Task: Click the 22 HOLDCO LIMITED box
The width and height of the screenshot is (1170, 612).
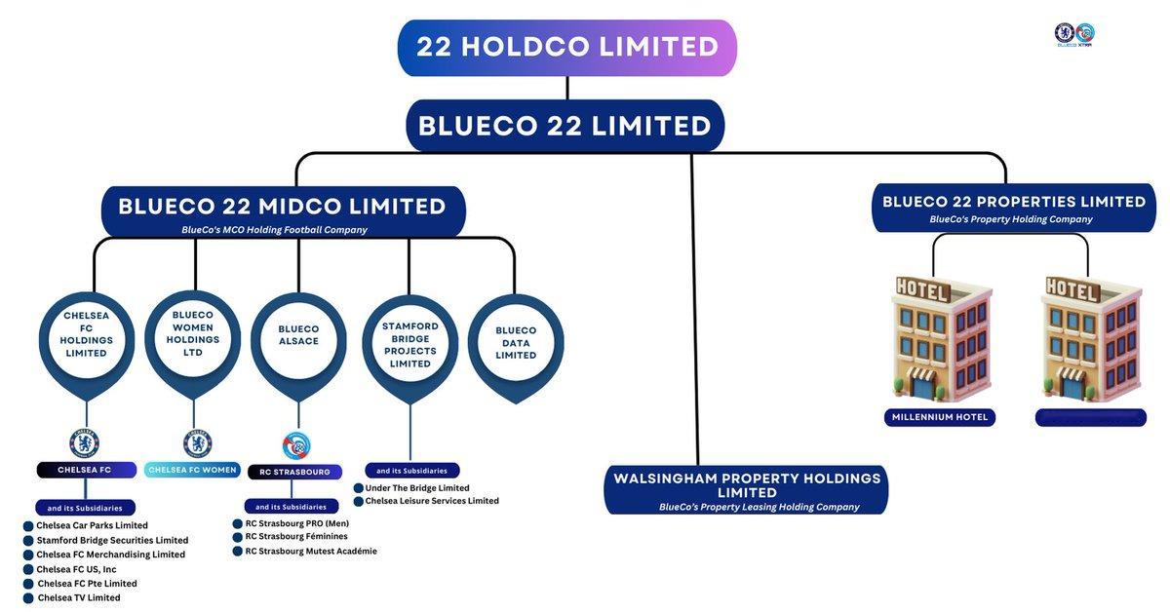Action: [x=567, y=48]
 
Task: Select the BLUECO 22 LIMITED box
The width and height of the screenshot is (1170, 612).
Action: [x=565, y=126]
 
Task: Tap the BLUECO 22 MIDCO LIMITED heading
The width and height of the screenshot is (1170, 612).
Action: [x=283, y=207]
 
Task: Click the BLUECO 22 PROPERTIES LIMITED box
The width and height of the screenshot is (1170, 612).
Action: [x=1014, y=208]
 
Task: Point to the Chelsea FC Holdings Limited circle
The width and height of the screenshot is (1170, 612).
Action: [x=87, y=334]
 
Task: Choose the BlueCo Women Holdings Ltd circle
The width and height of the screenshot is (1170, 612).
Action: [x=193, y=333]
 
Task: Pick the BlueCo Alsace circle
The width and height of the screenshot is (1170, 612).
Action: [x=298, y=335]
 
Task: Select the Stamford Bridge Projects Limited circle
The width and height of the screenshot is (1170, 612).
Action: [x=409, y=345]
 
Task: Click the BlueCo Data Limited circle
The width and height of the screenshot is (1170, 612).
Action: [x=516, y=343]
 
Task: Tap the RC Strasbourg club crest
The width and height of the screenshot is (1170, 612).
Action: [x=295, y=445]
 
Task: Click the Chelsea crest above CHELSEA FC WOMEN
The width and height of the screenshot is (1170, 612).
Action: [x=197, y=443]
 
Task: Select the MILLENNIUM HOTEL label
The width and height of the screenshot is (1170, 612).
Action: [x=940, y=417]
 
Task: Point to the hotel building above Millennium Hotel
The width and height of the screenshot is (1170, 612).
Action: [x=941, y=336]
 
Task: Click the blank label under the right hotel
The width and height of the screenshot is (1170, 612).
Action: [x=1091, y=417]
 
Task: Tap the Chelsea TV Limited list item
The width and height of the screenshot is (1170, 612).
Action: [x=79, y=597]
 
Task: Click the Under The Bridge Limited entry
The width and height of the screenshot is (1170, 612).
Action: [x=417, y=487]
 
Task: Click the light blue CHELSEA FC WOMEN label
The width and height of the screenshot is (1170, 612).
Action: [x=192, y=470]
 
